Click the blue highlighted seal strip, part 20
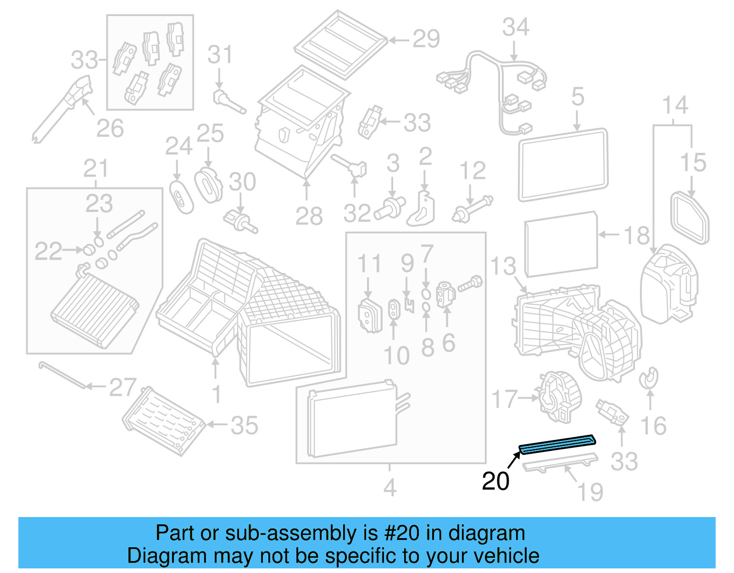click(x=556, y=444)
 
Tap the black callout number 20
click(x=495, y=481)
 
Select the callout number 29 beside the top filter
click(x=426, y=39)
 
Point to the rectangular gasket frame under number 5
click(x=563, y=165)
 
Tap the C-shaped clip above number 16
click(x=649, y=378)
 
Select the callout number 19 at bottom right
click(x=590, y=492)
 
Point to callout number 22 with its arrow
click(x=48, y=251)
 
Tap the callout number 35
click(x=244, y=425)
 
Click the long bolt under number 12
click(x=473, y=209)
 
